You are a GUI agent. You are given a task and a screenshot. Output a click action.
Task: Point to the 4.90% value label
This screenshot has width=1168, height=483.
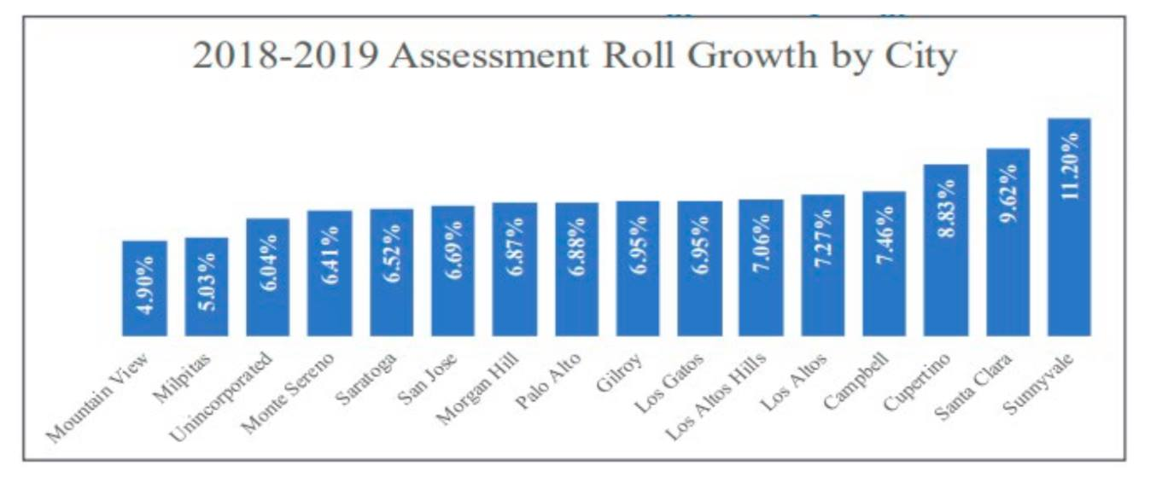coord(145,285)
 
